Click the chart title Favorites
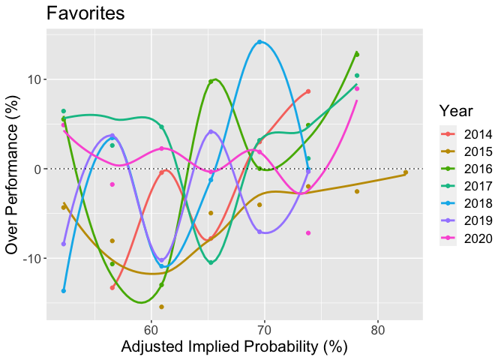pos(85,13)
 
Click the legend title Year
pos(456,111)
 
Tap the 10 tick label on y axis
pos(35,79)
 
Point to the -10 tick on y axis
pos(33,259)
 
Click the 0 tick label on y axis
pos(39,169)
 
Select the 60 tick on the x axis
pos(151,331)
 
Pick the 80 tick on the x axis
pos(378,331)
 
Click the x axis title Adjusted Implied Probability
pos(234,347)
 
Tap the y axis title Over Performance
pos(11,175)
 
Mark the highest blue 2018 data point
pos(259,42)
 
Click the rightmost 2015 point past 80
pos(406,172)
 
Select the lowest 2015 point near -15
pos(162,307)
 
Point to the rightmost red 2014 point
pos(308,91)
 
